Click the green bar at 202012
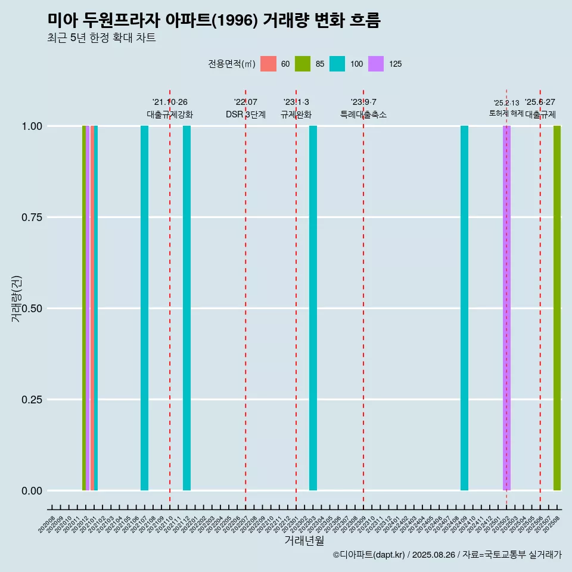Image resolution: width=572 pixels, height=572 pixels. click(84, 308)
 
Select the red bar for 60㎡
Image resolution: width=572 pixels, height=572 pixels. click(92, 308)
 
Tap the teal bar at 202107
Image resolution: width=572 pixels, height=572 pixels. click(144, 308)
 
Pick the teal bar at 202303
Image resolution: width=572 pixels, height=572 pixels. click(313, 308)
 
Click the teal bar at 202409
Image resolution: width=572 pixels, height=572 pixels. click(464, 308)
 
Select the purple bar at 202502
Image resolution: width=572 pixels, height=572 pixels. click(506, 308)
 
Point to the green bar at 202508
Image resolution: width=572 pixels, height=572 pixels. click(557, 308)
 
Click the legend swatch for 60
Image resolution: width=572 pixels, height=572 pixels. click(269, 64)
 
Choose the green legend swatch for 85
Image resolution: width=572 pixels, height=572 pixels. click(303, 64)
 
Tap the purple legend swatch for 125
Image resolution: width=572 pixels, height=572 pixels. click(376, 64)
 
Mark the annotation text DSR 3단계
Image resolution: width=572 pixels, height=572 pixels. click(245, 114)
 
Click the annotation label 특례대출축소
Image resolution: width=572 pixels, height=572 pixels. click(363, 114)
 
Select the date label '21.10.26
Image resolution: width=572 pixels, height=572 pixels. click(170, 102)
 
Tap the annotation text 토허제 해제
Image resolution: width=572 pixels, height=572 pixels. click(506, 113)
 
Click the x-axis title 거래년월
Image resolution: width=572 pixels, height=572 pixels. click(304, 540)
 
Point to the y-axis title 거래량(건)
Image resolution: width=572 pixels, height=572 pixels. click(17, 299)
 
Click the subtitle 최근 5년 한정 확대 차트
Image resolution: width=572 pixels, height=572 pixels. click(101, 38)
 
